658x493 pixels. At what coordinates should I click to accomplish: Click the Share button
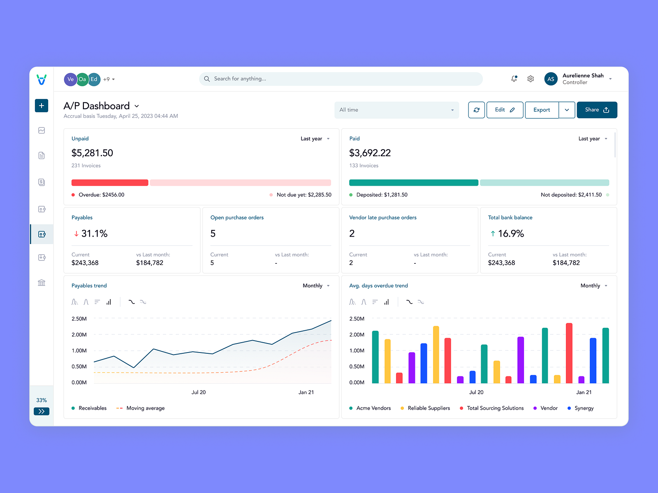pos(597,110)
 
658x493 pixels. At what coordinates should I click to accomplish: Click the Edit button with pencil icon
pos(505,110)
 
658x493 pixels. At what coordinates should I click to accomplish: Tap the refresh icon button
pos(476,110)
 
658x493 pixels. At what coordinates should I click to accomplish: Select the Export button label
pos(542,110)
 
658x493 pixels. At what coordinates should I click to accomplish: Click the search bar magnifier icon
pos(207,79)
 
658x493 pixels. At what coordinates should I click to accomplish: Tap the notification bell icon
pos(514,78)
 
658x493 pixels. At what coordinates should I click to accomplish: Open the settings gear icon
pos(531,78)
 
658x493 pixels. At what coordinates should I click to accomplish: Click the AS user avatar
pos(551,79)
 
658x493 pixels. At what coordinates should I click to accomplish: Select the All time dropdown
pos(396,110)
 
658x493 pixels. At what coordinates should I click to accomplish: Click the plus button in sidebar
pos(42,106)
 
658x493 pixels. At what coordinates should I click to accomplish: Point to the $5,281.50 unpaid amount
pos(92,153)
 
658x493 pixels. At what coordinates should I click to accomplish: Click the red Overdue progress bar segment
pos(110,183)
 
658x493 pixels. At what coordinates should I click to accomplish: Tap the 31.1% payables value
pos(94,233)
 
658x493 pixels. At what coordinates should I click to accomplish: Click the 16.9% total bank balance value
pos(511,233)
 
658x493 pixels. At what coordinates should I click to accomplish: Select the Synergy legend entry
pos(584,408)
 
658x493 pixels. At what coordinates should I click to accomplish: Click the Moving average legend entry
pos(145,408)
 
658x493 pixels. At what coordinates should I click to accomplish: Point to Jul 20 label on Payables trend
pos(199,392)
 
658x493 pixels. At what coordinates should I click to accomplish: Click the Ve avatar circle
pos(70,79)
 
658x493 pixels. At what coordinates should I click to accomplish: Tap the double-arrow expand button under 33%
pos(42,411)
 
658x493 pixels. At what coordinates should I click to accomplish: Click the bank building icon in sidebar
pos(42,283)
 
